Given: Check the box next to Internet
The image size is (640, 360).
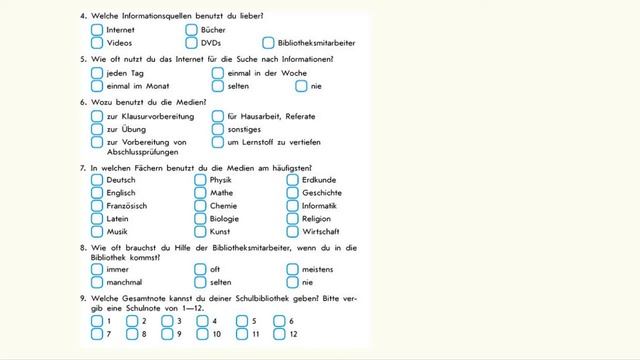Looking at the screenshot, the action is (97, 30).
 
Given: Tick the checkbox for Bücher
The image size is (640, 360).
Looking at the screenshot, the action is (191, 30).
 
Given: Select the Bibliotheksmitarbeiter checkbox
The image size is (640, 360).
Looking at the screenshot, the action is (268, 43).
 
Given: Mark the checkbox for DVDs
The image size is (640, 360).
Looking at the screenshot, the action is (191, 43).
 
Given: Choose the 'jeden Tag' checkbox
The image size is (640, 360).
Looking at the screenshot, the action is (97, 73).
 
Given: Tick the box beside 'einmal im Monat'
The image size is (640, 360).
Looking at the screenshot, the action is (97, 86).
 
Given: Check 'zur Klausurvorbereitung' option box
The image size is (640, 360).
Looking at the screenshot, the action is (97, 117).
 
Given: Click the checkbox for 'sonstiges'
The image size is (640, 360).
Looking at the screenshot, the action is (218, 130).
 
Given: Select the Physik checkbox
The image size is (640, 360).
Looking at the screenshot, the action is (200, 180).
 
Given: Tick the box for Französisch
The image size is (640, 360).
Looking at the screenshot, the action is (97, 206).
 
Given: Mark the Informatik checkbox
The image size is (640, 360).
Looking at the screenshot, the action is (293, 206).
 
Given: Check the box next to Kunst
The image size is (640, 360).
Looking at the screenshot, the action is (200, 231).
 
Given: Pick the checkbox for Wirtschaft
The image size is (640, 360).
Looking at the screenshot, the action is (293, 231).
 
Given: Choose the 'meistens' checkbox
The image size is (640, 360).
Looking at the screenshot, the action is (293, 269).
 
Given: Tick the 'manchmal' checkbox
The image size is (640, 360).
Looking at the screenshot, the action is (97, 282).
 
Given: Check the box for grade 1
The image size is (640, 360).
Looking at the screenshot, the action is (97, 321).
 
